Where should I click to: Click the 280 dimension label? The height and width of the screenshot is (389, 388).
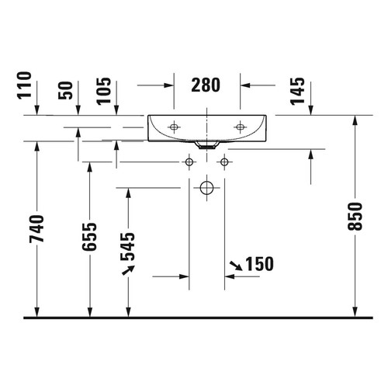(206, 85)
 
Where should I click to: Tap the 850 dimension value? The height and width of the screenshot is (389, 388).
(355, 217)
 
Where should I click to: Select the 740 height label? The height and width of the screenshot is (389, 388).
(36, 228)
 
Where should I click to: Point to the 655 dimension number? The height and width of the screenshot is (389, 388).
(89, 237)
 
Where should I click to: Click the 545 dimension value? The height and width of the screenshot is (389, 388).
(128, 246)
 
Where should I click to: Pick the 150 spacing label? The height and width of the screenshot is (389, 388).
(259, 264)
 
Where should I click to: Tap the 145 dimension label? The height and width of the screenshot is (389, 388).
(297, 91)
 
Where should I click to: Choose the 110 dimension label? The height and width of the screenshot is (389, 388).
(24, 85)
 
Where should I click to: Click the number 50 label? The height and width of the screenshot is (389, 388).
(65, 90)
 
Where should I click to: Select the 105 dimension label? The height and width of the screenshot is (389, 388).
(104, 91)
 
